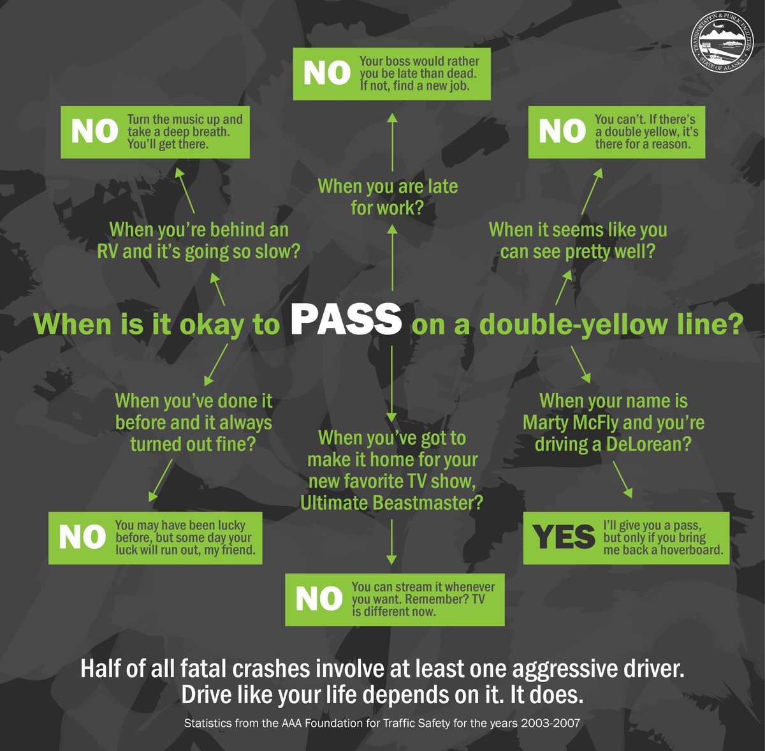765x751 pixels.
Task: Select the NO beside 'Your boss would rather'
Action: click(x=327, y=73)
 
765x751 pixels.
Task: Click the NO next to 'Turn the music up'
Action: click(x=94, y=131)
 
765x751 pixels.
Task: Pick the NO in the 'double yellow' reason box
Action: click(x=562, y=131)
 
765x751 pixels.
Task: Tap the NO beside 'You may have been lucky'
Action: click(x=82, y=537)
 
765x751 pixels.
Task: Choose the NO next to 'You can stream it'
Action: click(x=319, y=599)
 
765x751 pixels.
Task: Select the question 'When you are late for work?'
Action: click(x=388, y=197)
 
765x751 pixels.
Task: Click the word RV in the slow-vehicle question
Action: click(x=107, y=251)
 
